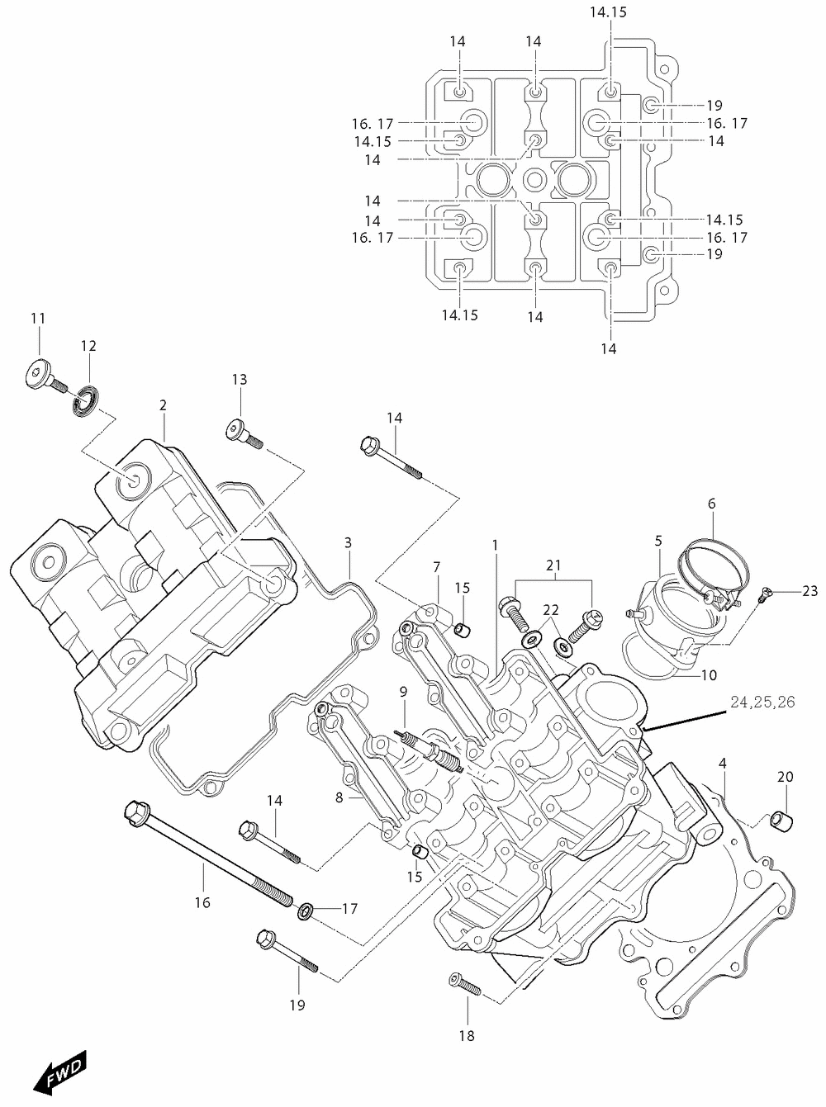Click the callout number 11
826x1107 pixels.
(x=38, y=318)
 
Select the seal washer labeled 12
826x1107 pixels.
(x=88, y=401)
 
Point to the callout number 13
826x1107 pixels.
(x=240, y=379)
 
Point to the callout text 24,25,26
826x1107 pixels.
(x=762, y=702)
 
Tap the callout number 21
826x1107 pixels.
(x=553, y=565)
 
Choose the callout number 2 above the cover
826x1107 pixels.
(x=163, y=405)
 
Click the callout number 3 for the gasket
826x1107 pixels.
(x=348, y=542)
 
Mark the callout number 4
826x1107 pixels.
(x=723, y=764)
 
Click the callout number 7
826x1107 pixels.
(x=436, y=567)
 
